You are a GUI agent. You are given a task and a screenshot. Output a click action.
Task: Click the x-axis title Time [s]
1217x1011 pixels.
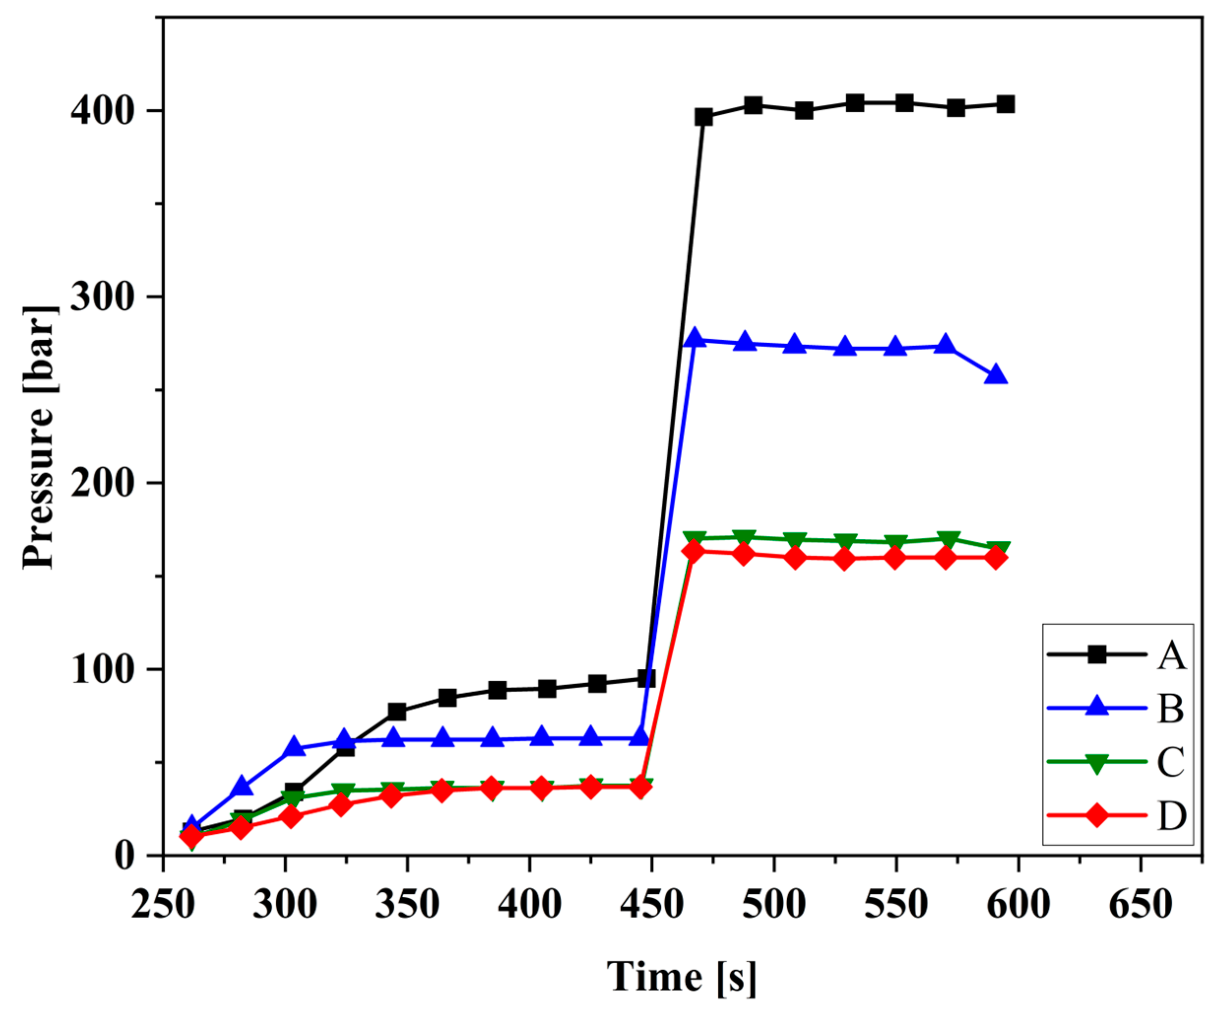pos(681,976)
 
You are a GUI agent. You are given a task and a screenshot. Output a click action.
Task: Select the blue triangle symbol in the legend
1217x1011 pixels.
pos(1096,707)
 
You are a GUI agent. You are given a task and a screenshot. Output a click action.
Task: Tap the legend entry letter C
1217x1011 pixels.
pos(1171,761)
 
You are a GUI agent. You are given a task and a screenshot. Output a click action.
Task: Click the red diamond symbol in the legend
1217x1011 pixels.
pos(1096,815)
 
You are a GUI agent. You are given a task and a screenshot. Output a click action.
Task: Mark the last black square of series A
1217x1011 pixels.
pos(1005,105)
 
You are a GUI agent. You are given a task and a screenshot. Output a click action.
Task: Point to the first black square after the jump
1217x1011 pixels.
pos(704,117)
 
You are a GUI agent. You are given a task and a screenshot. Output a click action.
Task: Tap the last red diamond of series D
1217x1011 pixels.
pos(995,557)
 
